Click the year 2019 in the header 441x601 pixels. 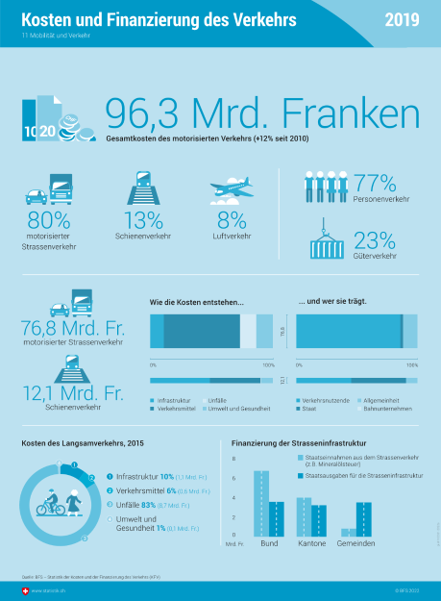click(404, 20)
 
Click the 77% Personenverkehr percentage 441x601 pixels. click(375, 182)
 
